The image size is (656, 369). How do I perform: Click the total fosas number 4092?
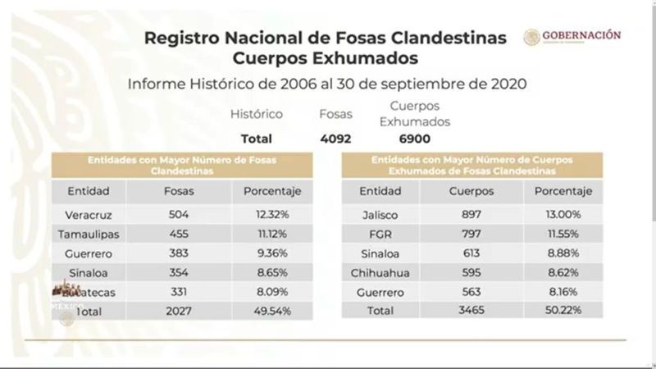335,139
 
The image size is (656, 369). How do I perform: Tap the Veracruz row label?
88,215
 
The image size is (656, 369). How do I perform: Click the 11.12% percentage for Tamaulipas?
267,234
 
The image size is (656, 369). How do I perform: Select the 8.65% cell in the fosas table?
267,272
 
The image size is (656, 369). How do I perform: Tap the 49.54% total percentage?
267,311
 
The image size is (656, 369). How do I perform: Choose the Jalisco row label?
378,215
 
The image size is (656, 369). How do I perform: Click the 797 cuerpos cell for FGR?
471,234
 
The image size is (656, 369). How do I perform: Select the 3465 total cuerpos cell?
471,311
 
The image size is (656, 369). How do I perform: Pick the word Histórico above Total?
256,115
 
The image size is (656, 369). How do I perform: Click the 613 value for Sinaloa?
471,253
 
